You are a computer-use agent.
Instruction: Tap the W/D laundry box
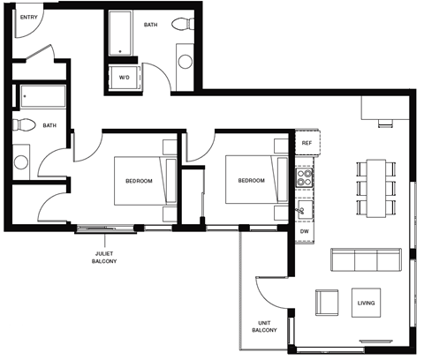click(x=124, y=77)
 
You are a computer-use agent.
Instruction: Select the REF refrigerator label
click(x=307, y=142)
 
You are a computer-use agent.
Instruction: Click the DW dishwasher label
click(x=304, y=231)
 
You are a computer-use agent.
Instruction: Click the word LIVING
click(x=366, y=304)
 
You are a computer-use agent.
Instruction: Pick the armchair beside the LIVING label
click(x=326, y=303)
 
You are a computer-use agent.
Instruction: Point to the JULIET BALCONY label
click(x=104, y=257)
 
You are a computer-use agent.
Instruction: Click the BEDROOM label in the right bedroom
click(x=251, y=181)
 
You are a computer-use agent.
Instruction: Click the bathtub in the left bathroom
click(x=45, y=95)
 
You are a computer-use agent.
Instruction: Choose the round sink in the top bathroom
click(x=185, y=62)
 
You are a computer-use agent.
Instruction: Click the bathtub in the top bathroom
click(x=120, y=35)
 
